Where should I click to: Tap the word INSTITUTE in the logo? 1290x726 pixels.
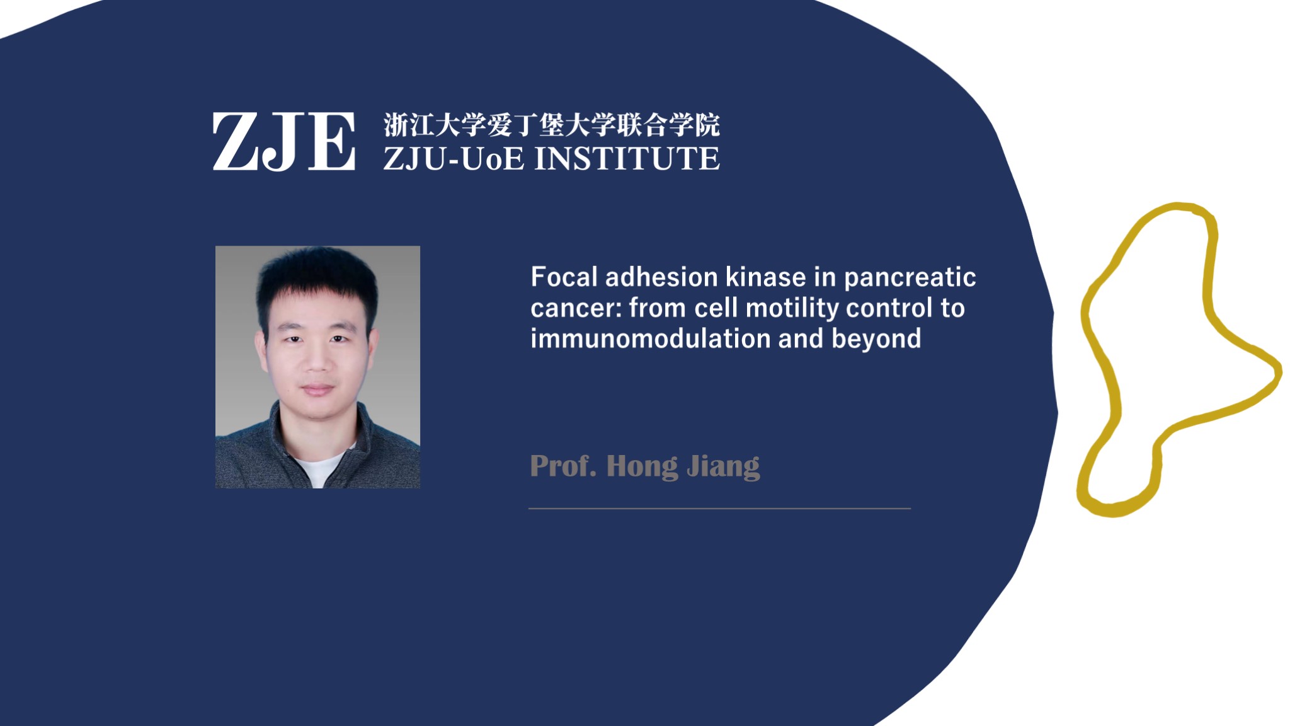[627, 158]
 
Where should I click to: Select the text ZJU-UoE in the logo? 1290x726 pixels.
[454, 158]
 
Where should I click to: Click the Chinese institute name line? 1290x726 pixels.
[552, 125]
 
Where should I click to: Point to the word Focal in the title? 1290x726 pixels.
[564, 277]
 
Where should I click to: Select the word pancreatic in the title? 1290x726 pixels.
[910, 278]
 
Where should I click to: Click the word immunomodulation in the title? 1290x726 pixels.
[651, 339]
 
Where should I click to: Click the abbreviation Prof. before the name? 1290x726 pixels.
[563, 466]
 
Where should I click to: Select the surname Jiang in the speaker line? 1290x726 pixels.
[724, 467]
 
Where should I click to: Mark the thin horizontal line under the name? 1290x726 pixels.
[719, 508]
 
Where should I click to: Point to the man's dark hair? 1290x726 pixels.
[318, 277]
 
